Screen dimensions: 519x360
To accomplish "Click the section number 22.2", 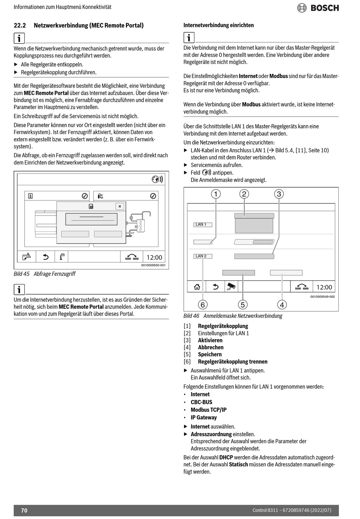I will pos(20,26).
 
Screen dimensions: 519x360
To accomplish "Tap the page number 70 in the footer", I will pos(24,510).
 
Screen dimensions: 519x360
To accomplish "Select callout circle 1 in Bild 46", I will pos(216,194).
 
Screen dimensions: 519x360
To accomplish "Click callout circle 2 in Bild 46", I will pos(244,194).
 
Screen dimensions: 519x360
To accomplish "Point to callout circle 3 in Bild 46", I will pos(279,194).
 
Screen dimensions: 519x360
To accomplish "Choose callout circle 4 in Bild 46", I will pos(282,304).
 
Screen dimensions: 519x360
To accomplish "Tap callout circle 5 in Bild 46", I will pos(243,304).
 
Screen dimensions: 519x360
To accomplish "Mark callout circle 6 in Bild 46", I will pos(203,304).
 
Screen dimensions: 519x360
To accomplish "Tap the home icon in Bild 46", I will pos(197,287).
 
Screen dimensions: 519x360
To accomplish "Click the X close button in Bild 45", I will pos(120,206).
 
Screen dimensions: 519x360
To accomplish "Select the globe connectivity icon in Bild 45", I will pos(157,179).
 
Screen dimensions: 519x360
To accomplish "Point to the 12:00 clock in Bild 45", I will pos(154,257).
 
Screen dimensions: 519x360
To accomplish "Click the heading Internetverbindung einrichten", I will pos(219,25).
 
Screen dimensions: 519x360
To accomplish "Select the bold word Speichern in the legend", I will pos(210,355).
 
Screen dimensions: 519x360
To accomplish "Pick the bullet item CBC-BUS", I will pos(201,402).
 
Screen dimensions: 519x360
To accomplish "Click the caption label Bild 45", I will pos(22,274).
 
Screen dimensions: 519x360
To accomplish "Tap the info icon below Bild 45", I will pos(19,290).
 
